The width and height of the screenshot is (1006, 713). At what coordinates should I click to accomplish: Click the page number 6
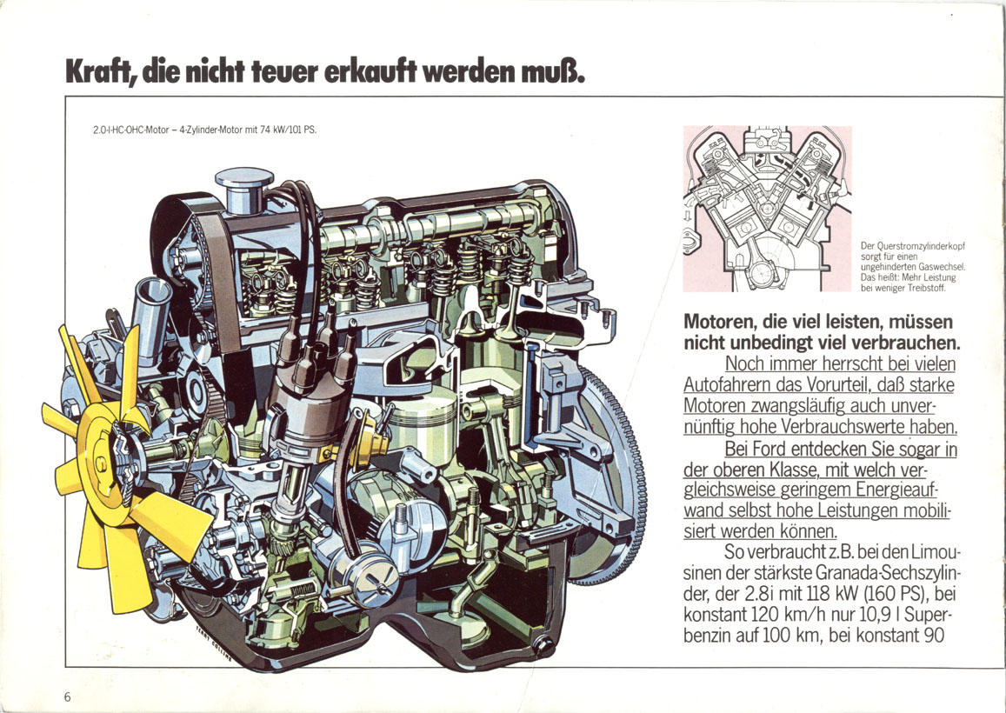point(67,696)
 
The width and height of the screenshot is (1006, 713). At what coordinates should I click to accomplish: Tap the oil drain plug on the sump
point(545,644)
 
